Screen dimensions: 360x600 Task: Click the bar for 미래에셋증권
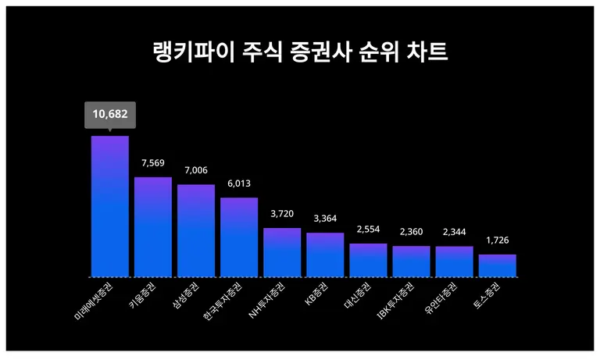coord(110,206)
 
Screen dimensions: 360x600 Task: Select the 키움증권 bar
coord(153,226)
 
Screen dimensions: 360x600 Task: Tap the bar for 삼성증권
coord(196,230)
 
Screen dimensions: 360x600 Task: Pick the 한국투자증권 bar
coord(239,237)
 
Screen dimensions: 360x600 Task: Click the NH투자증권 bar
coord(282,252)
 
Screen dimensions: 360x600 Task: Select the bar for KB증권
coord(325,255)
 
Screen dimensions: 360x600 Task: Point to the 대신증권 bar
coord(368,260)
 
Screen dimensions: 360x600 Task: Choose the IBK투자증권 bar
coord(411,262)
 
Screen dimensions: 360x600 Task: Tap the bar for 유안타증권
coord(454,262)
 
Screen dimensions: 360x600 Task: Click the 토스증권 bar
coord(497,266)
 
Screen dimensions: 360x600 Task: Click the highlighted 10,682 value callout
coord(109,115)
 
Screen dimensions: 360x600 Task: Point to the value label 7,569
coord(153,163)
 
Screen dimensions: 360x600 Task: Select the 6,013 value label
coord(239,184)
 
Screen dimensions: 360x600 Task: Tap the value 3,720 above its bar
coord(282,214)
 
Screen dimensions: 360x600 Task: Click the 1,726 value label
coord(497,241)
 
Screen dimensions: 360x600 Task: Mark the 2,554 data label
coord(368,230)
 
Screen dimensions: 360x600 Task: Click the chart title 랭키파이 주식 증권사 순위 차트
coord(300,52)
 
